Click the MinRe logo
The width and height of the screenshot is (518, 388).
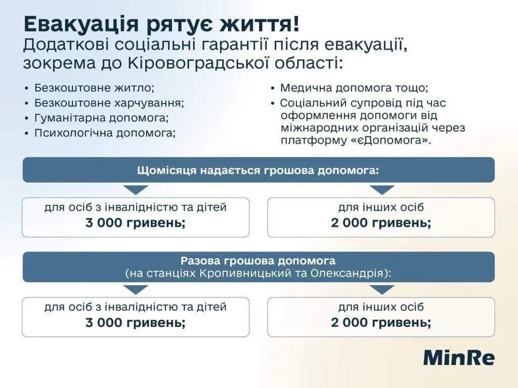click(x=459, y=357)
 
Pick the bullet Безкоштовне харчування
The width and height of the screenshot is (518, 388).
click(x=109, y=103)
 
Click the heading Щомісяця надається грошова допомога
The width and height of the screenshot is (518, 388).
click(x=258, y=170)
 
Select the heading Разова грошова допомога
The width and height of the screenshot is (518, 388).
click(x=258, y=261)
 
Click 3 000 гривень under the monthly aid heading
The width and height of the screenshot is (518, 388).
click(x=136, y=223)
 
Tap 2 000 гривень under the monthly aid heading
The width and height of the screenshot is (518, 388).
click(x=381, y=223)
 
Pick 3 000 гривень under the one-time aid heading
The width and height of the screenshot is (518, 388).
click(x=136, y=323)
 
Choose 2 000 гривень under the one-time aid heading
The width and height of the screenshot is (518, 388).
click(x=381, y=323)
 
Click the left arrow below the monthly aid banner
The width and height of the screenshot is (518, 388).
click(x=136, y=189)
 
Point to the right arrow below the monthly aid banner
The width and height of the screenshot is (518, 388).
click(x=381, y=189)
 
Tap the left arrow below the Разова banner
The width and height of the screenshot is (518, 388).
click(x=136, y=289)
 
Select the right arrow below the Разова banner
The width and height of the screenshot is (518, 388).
click(x=381, y=289)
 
